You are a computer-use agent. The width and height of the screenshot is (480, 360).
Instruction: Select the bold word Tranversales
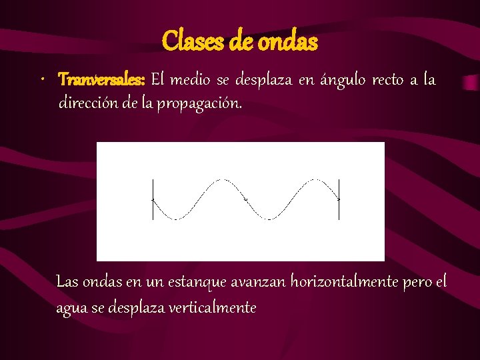tap(101, 81)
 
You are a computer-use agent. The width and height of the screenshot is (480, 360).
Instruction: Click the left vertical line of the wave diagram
tap(153, 199)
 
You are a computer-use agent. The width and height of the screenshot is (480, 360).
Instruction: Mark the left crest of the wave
tap(221, 180)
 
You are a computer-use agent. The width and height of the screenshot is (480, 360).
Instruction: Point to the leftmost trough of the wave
tap(175, 219)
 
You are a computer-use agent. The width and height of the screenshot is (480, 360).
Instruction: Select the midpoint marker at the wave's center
tap(245, 199)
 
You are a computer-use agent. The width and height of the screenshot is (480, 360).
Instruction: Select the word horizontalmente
tap(345, 282)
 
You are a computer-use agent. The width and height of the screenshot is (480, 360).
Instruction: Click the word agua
tap(71, 308)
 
